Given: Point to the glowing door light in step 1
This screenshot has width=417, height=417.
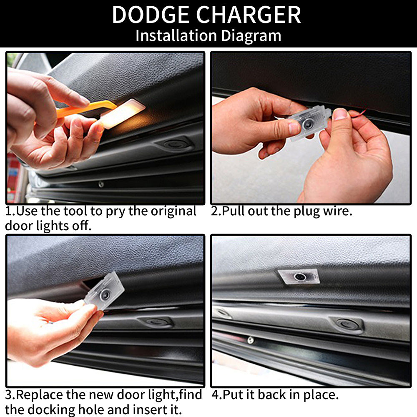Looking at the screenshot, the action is coord(123,114).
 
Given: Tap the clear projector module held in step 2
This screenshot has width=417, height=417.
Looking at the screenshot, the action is coord(310,123).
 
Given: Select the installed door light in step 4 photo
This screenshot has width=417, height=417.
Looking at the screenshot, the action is coord(299,276).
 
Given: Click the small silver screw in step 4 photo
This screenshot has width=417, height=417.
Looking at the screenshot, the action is coord(250,339).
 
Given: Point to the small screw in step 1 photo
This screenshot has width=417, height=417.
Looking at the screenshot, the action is coord(101,184).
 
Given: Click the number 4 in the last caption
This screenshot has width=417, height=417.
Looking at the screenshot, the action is coord(216,394).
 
